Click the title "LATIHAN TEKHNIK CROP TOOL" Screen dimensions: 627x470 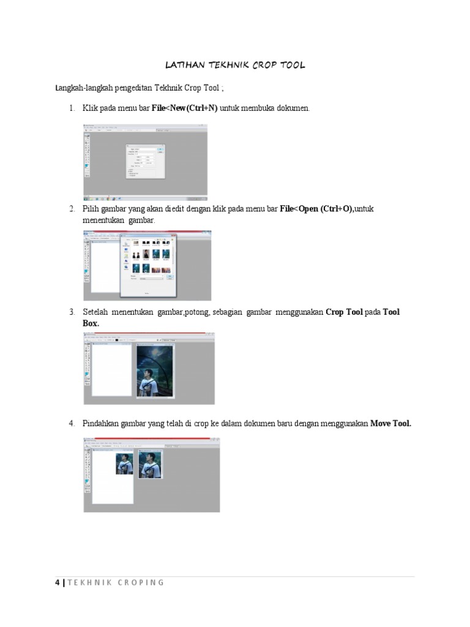click(x=235, y=64)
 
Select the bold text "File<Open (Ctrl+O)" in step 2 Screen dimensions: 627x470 click(x=316, y=209)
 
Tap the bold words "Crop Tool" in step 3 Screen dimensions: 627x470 click(x=344, y=312)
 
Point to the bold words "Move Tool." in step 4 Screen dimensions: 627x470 click(x=390, y=423)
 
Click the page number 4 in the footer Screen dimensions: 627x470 click(x=58, y=582)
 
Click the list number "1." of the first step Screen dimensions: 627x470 click(x=72, y=108)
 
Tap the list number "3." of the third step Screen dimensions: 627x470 click(x=72, y=312)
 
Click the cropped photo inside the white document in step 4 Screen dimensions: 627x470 click(x=124, y=464)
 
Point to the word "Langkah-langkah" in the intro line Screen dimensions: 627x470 click(x=80, y=89)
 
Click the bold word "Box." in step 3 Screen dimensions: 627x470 click(x=91, y=323)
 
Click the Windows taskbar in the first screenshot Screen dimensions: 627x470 click(x=145, y=198)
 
